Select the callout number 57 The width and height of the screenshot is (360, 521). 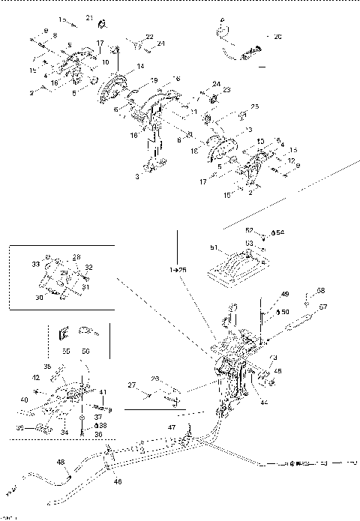click(324, 307)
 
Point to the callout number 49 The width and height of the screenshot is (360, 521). click(284, 294)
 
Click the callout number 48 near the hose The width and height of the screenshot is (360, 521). click(60, 463)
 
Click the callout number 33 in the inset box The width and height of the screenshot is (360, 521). click(34, 264)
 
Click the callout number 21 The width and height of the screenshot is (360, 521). click(88, 17)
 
